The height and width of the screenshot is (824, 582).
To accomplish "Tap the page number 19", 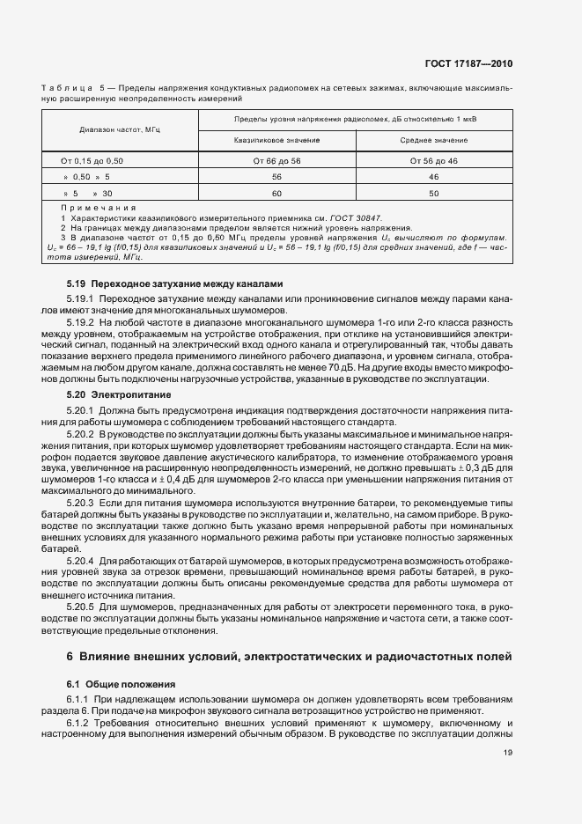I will pyautogui.click(x=508, y=752).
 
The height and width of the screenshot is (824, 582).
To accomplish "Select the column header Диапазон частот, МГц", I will pyautogui.click(x=114, y=129).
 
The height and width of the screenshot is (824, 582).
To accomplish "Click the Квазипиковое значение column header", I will pyautogui.click(x=276, y=140).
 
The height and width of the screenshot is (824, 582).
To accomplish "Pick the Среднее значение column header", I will pyautogui.click(x=433, y=140).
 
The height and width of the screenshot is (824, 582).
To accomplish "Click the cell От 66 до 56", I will pyautogui.click(x=276, y=161).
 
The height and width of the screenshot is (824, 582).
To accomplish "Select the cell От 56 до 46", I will pyautogui.click(x=433, y=161).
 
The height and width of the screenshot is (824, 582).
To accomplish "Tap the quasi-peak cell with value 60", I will pyautogui.click(x=276, y=193).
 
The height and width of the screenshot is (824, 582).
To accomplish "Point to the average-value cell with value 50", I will pyautogui.click(x=433, y=193).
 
